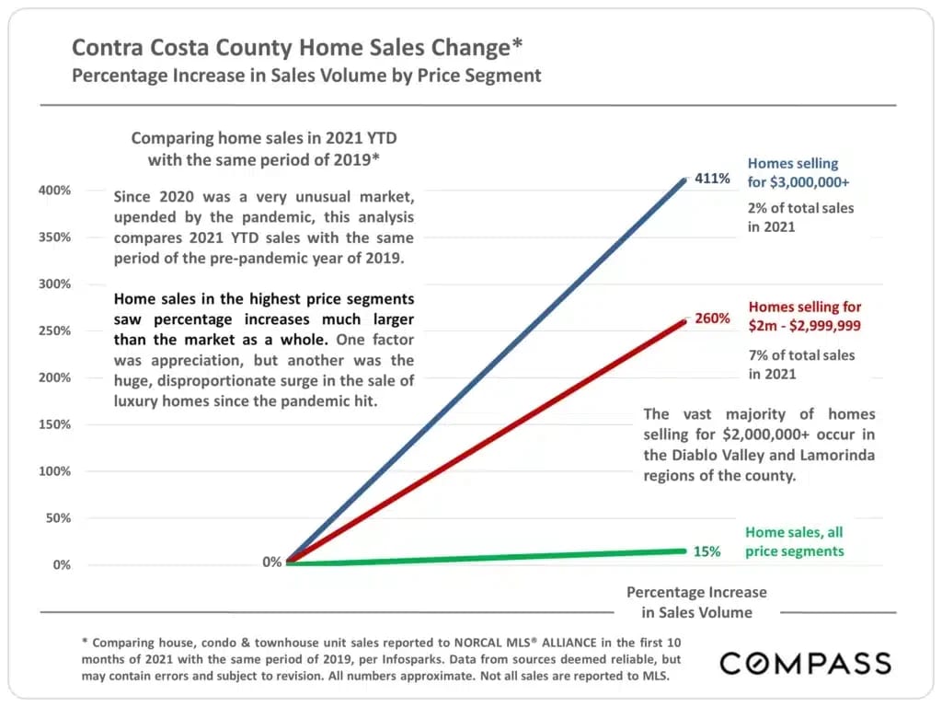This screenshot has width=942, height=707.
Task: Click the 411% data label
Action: [x=712, y=179]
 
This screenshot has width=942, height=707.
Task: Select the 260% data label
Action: [x=712, y=319]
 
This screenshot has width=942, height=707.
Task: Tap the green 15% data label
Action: [x=706, y=551]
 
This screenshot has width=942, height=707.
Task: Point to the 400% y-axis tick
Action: [x=54, y=190]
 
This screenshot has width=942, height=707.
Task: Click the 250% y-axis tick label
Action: [x=54, y=330]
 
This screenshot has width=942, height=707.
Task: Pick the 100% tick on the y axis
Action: [x=54, y=470]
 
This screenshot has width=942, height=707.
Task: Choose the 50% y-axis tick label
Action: [x=58, y=517]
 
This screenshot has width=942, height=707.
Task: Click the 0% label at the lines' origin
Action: [x=272, y=562]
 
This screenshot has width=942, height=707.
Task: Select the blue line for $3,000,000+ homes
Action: [x=488, y=368]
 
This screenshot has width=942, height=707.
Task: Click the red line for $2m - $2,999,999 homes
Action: [x=488, y=440]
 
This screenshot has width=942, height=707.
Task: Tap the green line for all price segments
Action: [x=488, y=556]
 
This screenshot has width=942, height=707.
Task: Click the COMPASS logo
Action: [x=805, y=663]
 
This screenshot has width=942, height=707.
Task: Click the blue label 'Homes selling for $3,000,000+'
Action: [x=792, y=172]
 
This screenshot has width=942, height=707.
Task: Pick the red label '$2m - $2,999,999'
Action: [x=805, y=325]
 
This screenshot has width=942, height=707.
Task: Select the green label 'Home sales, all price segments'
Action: [x=794, y=541]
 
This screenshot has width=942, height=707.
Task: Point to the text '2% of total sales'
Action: [x=800, y=208]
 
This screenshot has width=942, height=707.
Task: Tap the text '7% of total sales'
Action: [x=800, y=355]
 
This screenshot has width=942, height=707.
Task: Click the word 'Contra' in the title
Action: [x=109, y=47]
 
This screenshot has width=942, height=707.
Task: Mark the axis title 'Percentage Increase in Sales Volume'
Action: [x=696, y=602]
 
